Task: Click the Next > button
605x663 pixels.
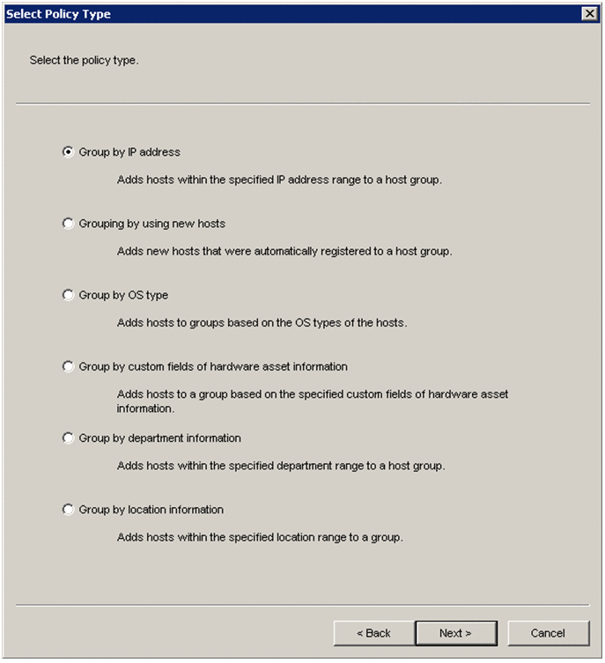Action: [x=455, y=633]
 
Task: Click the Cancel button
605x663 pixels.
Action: [x=548, y=633]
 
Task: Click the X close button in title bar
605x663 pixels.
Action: [x=589, y=14]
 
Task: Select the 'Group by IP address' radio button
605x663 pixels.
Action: [x=69, y=151]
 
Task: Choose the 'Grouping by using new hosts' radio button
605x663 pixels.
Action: [x=69, y=224]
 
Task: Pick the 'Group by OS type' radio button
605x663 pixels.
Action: [x=69, y=295]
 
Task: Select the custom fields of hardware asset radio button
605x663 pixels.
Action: [x=69, y=366]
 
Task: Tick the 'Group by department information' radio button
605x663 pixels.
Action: [x=69, y=438]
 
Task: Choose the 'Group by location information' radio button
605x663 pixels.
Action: [x=69, y=509]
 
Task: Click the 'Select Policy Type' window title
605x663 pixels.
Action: [x=59, y=14]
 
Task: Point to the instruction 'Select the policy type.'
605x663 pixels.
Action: [x=85, y=61]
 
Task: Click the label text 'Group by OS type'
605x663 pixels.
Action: [x=123, y=295]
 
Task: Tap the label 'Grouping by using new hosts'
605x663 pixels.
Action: [x=152, y=224]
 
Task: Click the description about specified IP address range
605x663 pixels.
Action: [x=279, y=180]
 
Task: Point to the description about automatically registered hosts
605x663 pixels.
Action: [x=284, y=251]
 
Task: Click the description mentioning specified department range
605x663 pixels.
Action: [x=281, y=465]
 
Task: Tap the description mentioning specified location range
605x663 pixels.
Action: [x=260, y=536]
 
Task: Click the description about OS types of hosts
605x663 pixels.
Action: [x=262, y=322]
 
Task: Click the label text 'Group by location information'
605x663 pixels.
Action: [x=151, y=509]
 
